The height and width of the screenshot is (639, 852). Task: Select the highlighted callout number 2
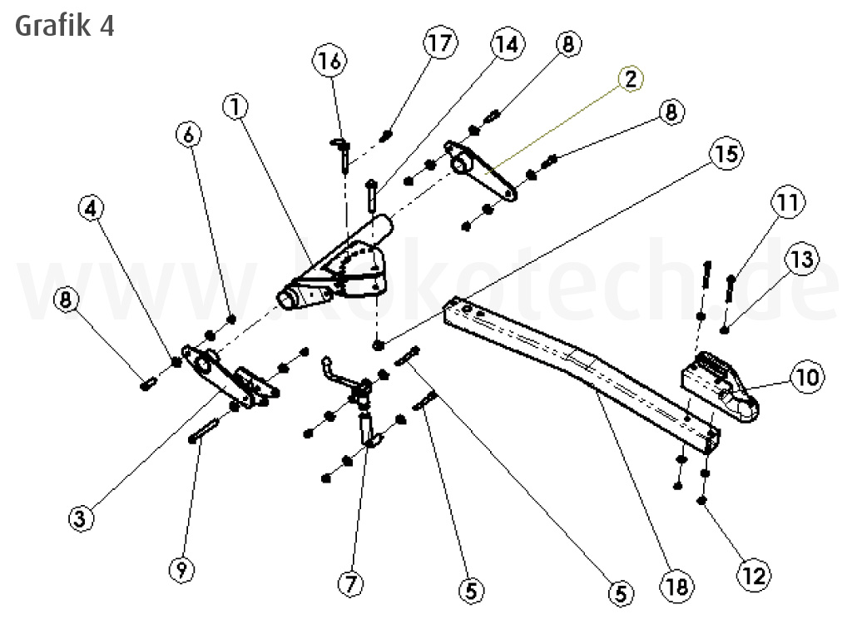[x=631, y=79]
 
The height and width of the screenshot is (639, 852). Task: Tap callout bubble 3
[x=80, y=518]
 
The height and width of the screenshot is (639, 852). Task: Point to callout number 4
[x=94, y=209]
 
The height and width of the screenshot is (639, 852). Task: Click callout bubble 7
[x=350, y=584]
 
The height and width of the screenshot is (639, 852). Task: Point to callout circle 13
[x=801, y=260]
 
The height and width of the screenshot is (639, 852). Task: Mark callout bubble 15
[x=726, y=153]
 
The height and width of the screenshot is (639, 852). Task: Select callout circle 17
[x=440, y=44]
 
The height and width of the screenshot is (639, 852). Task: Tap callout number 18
[x=678, y=587]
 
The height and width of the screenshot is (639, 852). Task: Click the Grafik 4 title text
[x=64, y=25]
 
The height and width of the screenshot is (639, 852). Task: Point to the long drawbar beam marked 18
[x=582, y=366]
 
